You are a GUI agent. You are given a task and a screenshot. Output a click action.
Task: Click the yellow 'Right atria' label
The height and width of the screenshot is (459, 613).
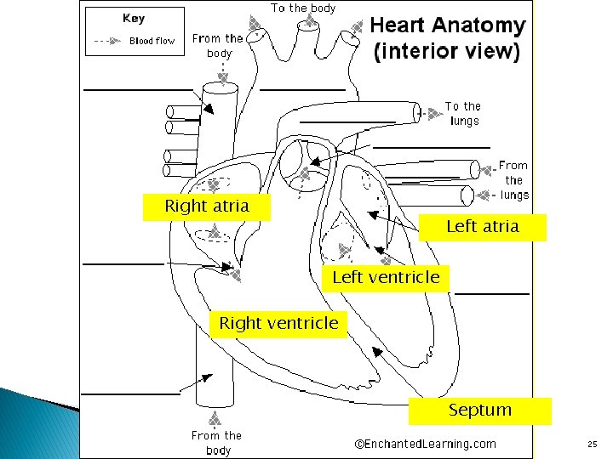207,207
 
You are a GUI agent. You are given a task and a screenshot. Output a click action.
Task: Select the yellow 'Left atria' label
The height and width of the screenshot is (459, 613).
482,227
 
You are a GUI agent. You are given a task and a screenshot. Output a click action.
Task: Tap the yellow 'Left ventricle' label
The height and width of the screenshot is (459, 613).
386,278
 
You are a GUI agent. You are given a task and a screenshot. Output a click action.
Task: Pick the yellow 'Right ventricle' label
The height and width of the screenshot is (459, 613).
278,324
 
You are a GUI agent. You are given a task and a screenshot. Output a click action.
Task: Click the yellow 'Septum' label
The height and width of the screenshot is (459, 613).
479,411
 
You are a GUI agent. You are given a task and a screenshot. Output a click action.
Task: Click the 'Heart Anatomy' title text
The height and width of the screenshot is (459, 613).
449,26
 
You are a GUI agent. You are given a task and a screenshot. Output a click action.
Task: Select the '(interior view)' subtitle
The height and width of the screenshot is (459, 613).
446,51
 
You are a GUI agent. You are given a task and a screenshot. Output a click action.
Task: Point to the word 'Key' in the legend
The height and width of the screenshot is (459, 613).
134,18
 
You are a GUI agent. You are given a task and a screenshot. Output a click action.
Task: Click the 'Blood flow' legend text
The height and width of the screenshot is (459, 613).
152,41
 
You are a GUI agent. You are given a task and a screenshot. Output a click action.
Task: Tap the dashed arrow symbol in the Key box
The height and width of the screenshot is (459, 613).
106,41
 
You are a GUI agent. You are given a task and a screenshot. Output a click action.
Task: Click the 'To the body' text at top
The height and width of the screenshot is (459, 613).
303,8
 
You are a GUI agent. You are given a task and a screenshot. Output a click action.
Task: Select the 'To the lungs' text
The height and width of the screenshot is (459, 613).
463,113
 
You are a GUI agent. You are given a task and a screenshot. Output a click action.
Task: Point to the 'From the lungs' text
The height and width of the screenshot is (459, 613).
513,180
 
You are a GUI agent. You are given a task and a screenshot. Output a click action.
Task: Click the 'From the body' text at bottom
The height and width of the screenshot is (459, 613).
217,443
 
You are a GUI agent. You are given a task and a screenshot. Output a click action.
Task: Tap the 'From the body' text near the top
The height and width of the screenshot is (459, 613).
218,45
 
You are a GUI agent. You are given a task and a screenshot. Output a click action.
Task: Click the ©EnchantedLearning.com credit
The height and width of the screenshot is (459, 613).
425,444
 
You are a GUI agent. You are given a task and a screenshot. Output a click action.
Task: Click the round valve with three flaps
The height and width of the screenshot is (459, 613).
299,163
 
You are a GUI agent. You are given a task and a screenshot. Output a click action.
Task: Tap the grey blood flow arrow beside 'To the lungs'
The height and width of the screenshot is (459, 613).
433,108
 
